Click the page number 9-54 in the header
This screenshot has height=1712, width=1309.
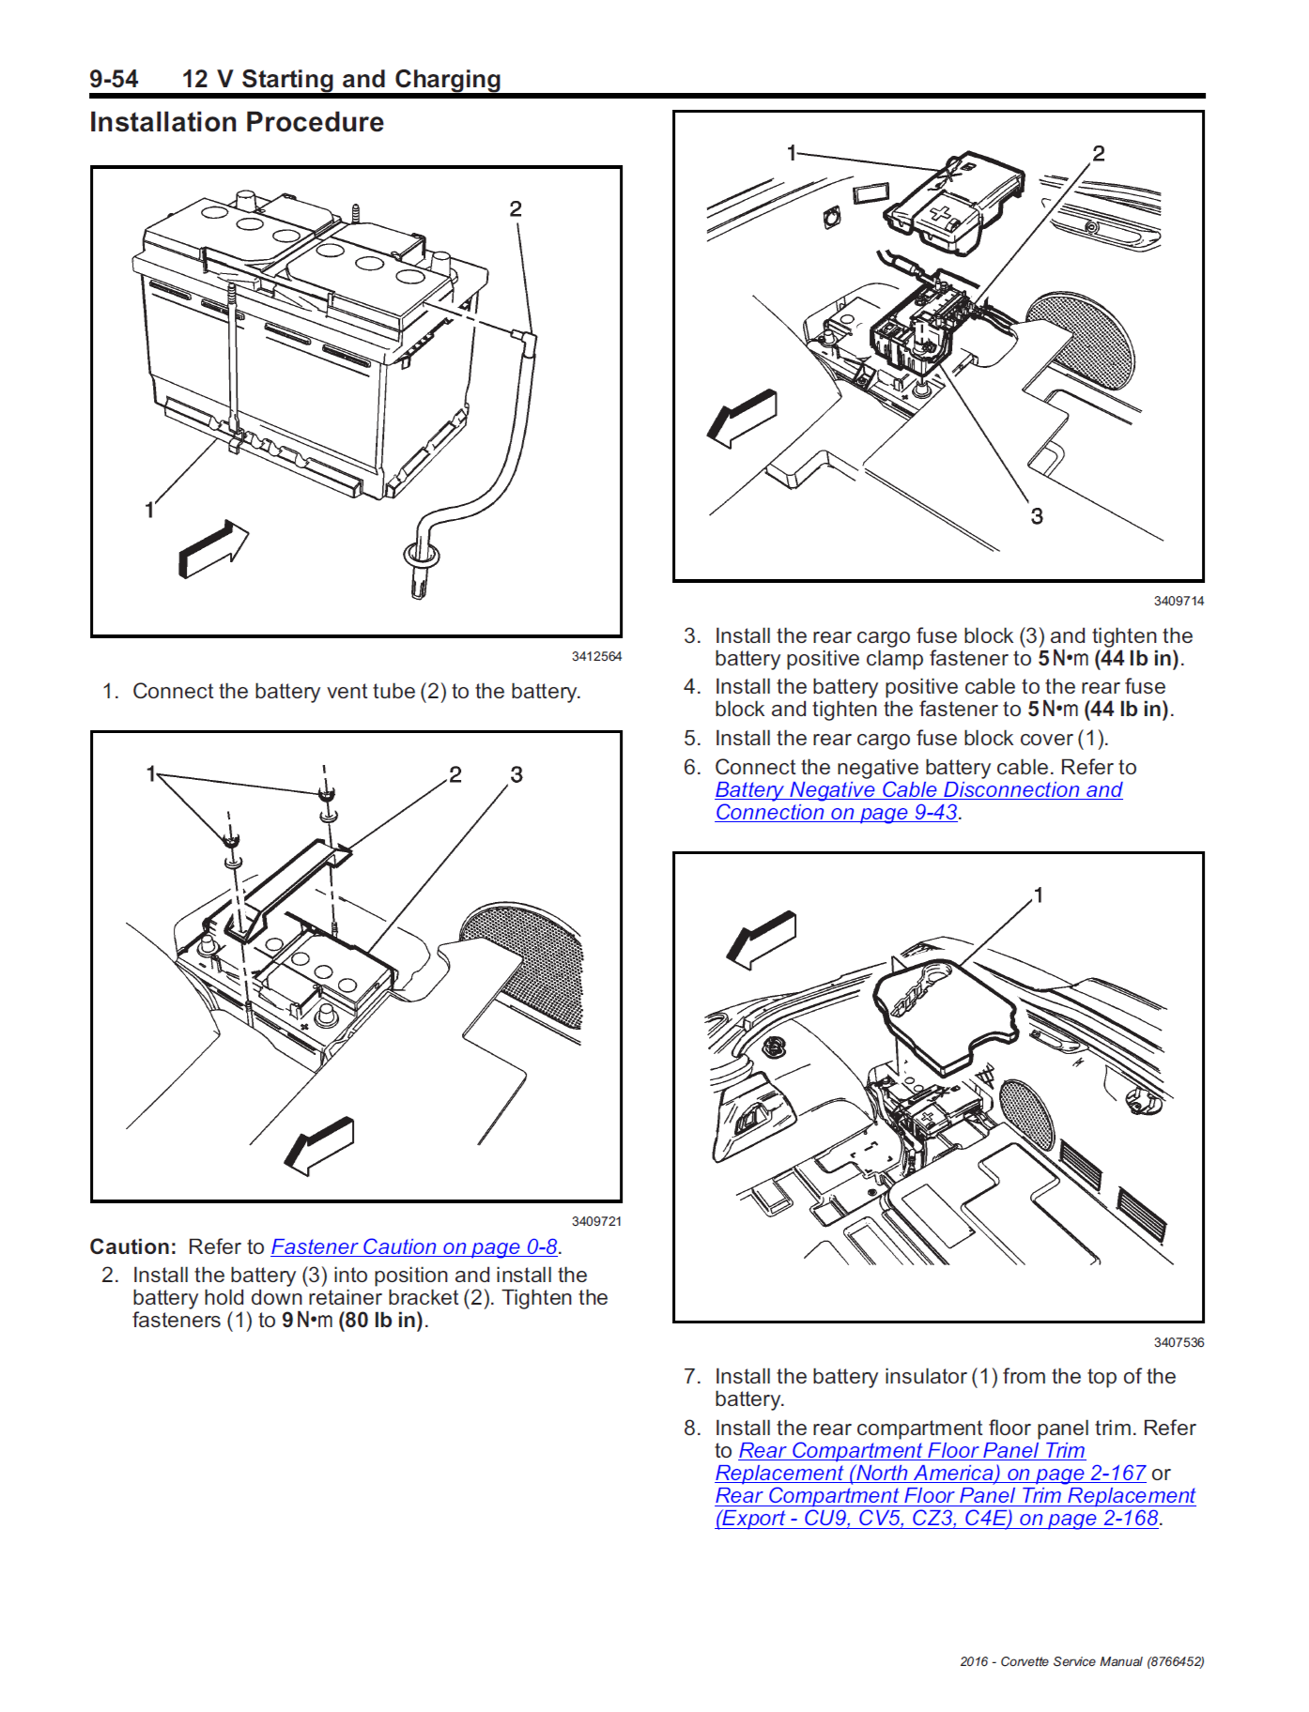pos(114,79)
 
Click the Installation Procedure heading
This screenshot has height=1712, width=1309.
pos(237,123)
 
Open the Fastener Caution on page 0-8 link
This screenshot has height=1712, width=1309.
pos(414,1246)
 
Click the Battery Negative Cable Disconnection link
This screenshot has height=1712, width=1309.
pos(917,790)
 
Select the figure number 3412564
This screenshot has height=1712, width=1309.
pos(596,656)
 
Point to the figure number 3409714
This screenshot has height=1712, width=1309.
pos(1178,601)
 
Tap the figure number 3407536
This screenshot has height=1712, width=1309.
pos(1178,1342)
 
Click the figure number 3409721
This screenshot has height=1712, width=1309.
pos(596,1221)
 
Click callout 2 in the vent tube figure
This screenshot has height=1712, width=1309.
pos(516,208)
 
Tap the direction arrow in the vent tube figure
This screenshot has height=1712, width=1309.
pos(213,549)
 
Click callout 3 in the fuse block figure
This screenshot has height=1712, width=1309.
pos(1037,516)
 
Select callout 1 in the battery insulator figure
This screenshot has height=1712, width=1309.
pos(1039,895)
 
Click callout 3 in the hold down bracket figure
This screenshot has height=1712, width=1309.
pos(516,774)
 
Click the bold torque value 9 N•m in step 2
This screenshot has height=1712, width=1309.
pos(308,1321)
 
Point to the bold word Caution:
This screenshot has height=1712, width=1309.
pos(132,1246)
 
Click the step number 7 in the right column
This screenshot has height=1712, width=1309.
pos(692,1377)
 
